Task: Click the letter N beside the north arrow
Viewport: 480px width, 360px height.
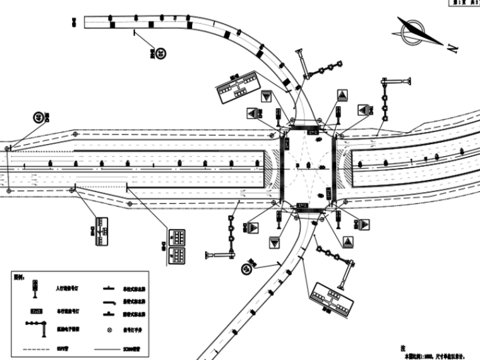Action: click(453, 49)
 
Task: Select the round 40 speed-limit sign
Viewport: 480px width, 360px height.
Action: click(40, 117)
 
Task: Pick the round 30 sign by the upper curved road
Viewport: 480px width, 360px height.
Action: click(162, 54)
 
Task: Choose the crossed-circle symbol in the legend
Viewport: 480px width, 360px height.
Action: click(110, 330)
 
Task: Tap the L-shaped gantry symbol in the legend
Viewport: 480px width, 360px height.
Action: click(37, 327)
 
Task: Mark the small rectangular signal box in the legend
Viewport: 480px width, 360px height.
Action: click(36, 311)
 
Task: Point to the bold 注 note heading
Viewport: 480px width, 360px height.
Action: click(402, 348)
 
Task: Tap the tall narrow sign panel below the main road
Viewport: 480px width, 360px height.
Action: click(100, 231)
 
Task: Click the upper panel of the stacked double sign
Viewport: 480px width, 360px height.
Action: click(178, 237)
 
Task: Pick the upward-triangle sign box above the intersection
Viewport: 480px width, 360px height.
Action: click(342, 95)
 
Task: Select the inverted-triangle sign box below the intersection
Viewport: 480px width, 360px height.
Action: click(274, 243)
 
